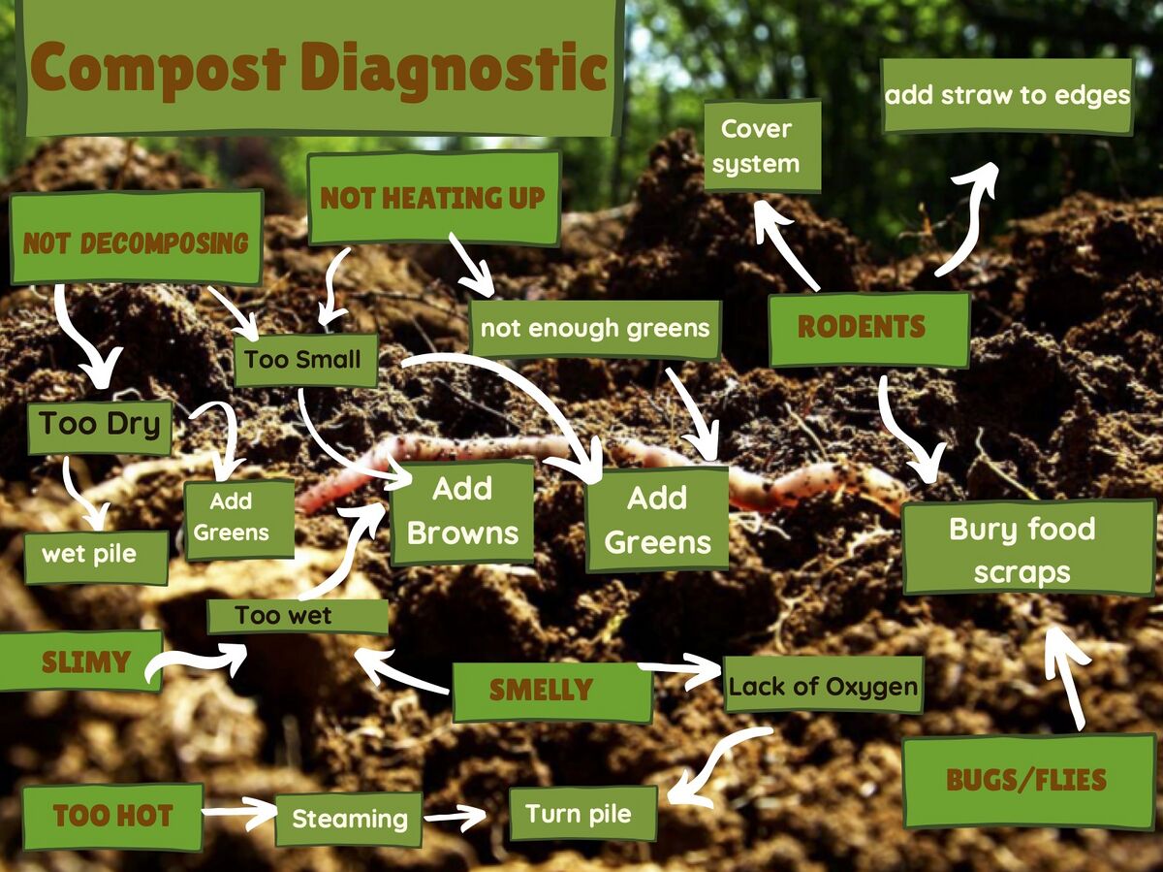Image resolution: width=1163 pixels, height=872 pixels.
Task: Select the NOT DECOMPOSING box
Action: point(137,237)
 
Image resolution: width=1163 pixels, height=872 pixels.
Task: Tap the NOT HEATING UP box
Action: point(433,198)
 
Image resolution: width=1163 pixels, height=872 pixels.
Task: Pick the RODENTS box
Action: point(869,329)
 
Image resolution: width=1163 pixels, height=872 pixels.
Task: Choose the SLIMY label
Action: point(80,661)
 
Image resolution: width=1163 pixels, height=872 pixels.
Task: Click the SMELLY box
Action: point(552,692)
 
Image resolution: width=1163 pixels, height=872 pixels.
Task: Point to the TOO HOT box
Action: point(112,817)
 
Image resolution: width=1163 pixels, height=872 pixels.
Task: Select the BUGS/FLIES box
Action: point(1028,782)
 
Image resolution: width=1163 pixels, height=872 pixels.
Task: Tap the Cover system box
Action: point(762,145)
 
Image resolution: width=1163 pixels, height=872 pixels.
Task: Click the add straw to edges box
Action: point(1007,95)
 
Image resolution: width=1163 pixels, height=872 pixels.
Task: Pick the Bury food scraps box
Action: point(1028,548)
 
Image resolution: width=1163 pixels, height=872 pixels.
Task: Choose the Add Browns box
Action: point(462,511)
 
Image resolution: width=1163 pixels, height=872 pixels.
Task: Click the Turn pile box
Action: point(582,814)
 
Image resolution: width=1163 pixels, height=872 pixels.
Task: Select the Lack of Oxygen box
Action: point(823,685)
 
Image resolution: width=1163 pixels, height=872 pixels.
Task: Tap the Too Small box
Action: point(305,360)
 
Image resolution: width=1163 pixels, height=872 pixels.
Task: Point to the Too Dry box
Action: point(100,427)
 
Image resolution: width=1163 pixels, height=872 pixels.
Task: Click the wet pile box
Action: point(96,557)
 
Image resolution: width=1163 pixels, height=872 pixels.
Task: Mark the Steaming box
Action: point(349,820)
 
